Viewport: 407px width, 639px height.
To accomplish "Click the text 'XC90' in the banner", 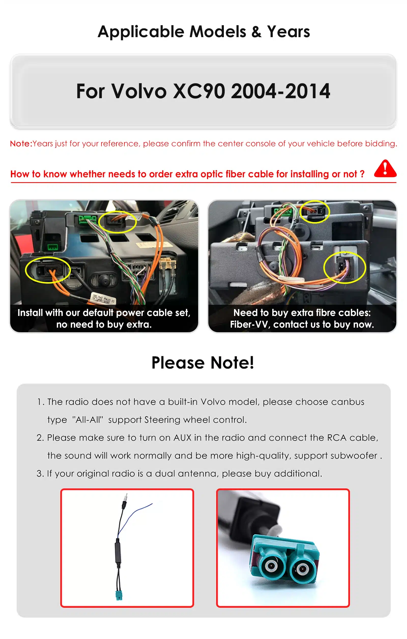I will point(199,91).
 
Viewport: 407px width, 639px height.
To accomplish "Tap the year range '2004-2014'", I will point(280,91).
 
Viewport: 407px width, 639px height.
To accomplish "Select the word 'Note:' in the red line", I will point(21,143).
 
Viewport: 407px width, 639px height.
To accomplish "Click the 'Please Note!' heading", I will point(203,362).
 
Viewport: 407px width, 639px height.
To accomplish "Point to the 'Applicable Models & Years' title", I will point(203,32).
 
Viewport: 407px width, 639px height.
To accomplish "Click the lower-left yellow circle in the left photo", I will point(48,270).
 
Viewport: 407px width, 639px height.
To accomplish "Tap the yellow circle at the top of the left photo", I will point(117,222).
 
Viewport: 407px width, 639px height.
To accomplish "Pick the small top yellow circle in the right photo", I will point(314,211).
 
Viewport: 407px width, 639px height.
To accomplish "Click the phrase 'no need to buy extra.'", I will point(104,324).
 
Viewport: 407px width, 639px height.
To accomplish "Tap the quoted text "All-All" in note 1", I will point(87,420).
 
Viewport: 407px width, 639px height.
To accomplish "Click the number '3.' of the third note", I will point(40,474).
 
